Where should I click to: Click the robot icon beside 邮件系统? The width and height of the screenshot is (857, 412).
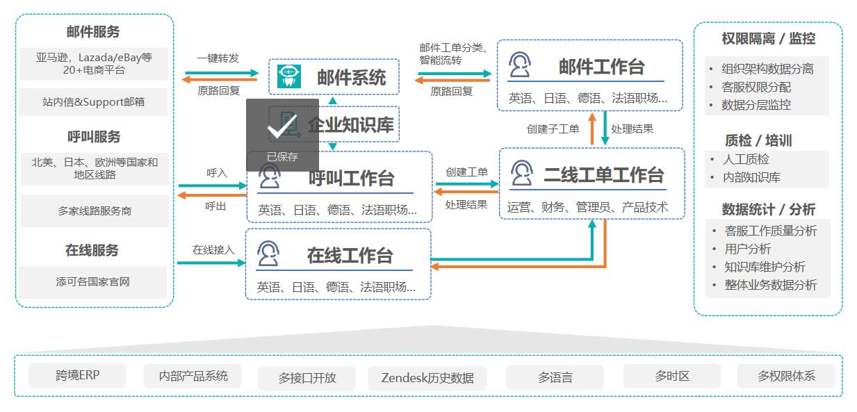(289, 76)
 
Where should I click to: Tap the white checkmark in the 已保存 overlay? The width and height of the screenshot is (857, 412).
(282, 126)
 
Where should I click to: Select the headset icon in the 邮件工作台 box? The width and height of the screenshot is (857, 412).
(520, 65)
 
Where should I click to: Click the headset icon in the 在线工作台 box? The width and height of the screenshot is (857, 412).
(268, 253)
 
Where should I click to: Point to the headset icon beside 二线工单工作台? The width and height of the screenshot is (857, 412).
(521, 173)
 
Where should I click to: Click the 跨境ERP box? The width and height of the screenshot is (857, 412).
(77, 375)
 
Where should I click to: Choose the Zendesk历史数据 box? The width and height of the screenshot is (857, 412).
(427, 378)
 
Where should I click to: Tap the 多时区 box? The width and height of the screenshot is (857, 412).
(672, 376)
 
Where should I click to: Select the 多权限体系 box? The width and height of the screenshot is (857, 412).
(786, 376)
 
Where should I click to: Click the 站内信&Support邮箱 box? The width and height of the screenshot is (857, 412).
(94, 101)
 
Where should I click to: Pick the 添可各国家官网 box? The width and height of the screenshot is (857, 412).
(93, 282)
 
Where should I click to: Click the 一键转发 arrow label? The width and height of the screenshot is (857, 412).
(218, 58)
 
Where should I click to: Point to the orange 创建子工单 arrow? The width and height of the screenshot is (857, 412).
(592, 129)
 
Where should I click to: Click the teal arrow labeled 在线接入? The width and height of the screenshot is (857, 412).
(211, 263)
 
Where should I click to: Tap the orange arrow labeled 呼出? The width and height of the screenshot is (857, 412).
(212, 195)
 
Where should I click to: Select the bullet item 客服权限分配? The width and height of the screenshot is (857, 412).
(756, 87)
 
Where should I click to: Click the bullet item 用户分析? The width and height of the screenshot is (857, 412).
(748, 249)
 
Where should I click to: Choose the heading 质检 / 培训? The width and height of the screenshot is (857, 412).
(758, 140)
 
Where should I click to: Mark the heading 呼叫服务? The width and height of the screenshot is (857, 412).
(94, 137)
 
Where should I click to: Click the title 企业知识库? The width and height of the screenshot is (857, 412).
(351, 124)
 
